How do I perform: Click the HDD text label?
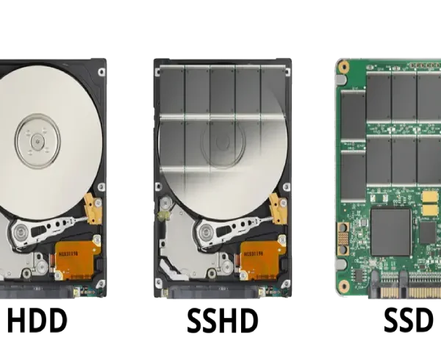click(37, 320)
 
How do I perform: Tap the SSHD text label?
click(223, 320)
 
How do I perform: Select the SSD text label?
click(409, 320)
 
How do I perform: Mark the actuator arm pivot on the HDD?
click(21, 232)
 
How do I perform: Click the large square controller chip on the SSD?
click(391, 232)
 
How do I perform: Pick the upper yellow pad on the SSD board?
click(430, 197)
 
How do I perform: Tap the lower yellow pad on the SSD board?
click(430, 210)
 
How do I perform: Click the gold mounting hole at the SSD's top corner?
click(343, 67)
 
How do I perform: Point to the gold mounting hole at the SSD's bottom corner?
click(344, 286)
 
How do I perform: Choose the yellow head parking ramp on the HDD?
click(93, 209)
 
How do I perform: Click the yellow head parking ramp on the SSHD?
click(278, 209)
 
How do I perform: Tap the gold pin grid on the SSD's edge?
click(343, 238)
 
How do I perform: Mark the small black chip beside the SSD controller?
click(428, 233)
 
